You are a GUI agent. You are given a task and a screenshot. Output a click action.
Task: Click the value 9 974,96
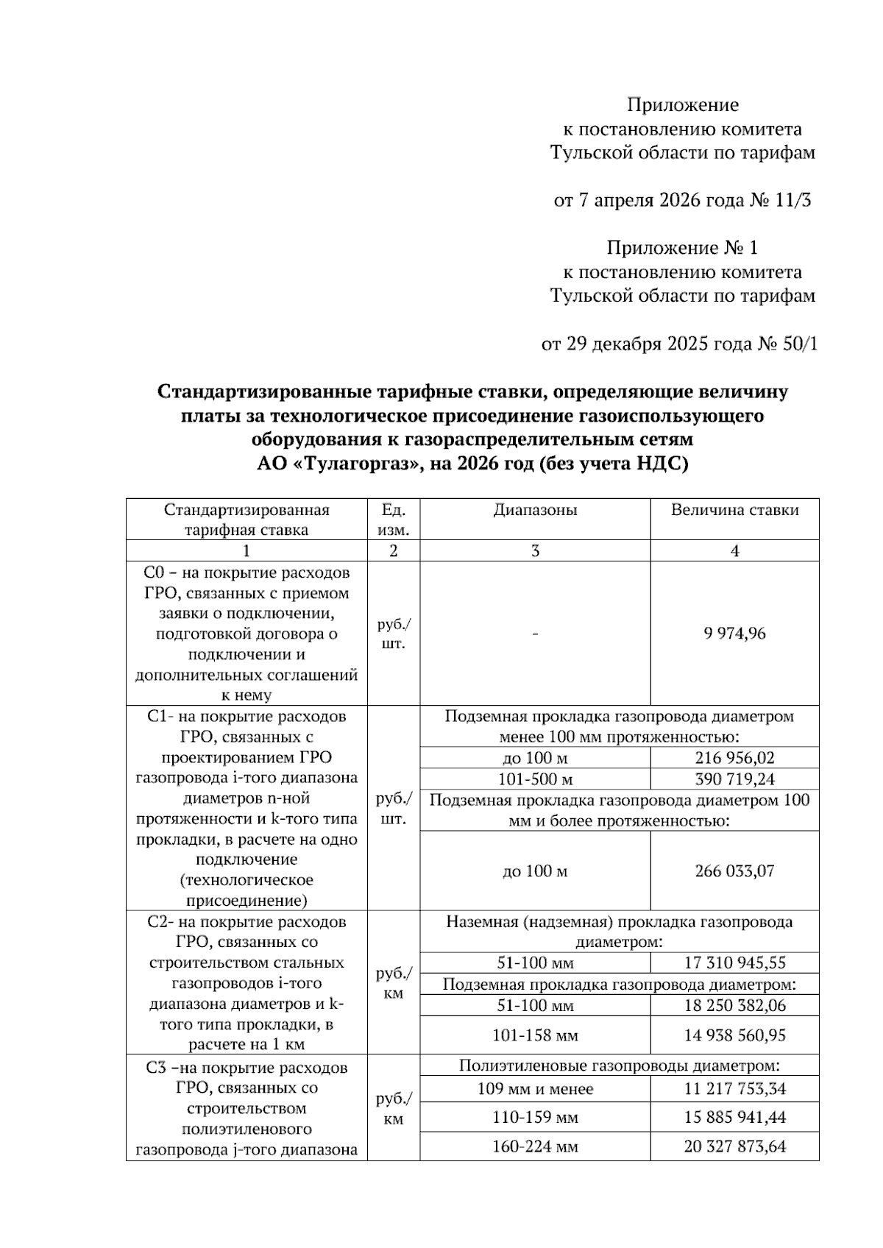click(x=734, y=634)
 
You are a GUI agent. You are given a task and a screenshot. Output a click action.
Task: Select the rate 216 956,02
click(x=734, y=758)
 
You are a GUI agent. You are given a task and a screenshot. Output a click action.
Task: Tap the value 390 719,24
click(x=734, y=779)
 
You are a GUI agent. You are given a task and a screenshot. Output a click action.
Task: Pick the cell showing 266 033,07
click(x=734, y=871)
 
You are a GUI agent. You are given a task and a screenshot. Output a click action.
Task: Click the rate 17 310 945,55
click(x=734, y=962)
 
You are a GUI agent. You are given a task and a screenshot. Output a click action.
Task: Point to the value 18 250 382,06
click(x=734, y=1006)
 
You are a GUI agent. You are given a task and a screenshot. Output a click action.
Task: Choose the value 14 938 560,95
click(x=734, y=1035)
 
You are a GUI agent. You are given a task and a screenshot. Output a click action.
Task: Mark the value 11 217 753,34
click(x=734, y=1089)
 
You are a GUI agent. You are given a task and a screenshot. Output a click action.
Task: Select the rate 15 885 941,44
click(x=734, y=1118)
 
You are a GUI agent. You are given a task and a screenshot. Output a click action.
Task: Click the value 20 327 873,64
click(x=734, y=1146)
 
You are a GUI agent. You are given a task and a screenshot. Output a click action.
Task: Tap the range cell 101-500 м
click(x=535, y=779)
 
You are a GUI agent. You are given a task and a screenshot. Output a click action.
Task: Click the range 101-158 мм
click(x=535, y=1035)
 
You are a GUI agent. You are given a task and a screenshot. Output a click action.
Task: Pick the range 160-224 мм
click(x=535, y=1146)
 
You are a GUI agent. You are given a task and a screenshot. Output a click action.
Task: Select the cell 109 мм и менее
click(x=535, y=1089)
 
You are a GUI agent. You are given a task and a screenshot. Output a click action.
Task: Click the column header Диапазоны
click(x=535, y=510)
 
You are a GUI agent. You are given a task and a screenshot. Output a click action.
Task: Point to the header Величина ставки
click(x=734, y=510)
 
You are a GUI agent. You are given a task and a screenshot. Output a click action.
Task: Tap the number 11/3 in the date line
click(x=793, y=200)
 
